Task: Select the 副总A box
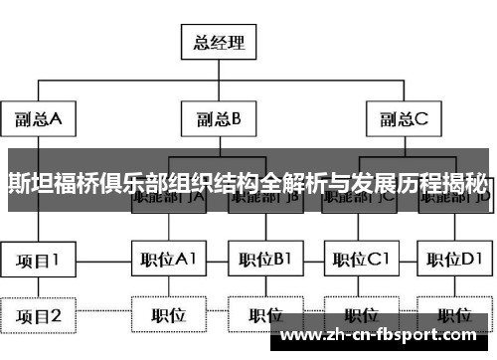(x=38, y=120)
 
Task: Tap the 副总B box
(x=217, y=120)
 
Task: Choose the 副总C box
(x=402, y=120)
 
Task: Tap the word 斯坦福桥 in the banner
(x=50, y=183)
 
